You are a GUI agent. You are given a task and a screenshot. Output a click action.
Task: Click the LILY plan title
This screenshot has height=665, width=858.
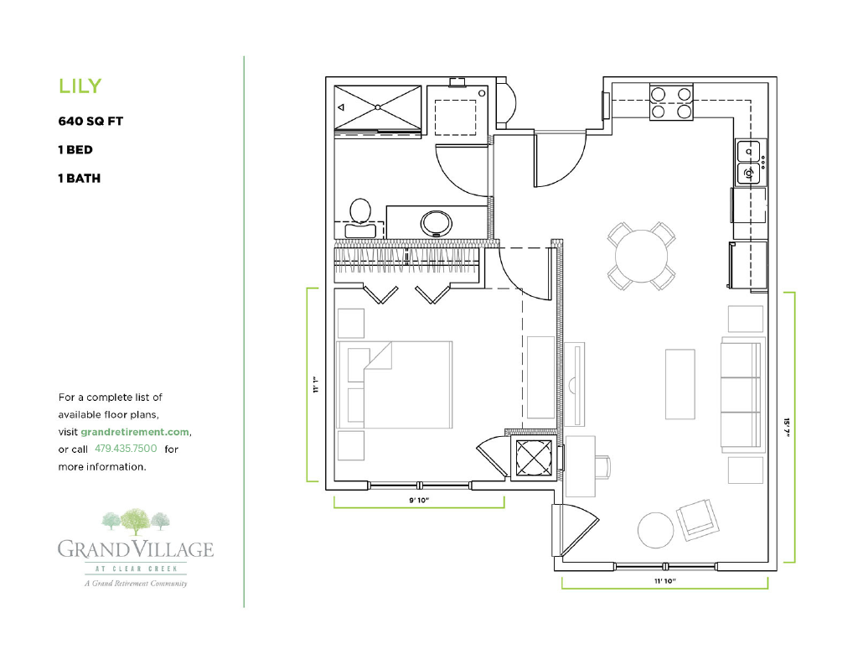coord(80,86)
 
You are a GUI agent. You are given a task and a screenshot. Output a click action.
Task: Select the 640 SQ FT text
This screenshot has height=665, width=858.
coord(90,121)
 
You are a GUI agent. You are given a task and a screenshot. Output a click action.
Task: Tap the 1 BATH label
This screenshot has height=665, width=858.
coord(80,178)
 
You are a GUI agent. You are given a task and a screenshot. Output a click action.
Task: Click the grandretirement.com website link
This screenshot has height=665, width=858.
coord(135,432)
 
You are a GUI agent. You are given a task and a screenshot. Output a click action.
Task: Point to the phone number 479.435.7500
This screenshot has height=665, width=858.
coord(126,449)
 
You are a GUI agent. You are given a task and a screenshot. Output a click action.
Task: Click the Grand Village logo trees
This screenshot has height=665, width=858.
coord(136,522)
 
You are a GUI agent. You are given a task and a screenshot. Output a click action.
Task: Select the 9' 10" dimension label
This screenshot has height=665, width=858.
coord(419,500)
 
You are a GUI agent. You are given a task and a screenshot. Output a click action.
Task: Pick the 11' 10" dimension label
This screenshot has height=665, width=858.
coord(664,581)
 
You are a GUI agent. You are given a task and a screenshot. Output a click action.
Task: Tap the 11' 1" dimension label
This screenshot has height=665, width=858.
coord(316,385)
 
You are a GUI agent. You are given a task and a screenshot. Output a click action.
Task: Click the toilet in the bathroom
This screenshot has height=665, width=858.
coord(360,217)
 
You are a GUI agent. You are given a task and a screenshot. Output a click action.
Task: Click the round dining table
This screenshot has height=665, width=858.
coord(641,256)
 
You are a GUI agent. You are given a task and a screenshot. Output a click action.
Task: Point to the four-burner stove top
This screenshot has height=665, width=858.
coord(671,102)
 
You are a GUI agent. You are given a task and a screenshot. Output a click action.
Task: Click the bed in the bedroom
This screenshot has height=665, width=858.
coord(395,385)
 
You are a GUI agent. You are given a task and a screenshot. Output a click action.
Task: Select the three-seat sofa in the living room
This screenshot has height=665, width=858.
coord(742,394)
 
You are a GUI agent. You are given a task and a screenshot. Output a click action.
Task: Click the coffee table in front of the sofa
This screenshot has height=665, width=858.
coord(680,384)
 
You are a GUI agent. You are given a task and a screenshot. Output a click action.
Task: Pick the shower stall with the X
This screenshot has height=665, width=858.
coord(378,108)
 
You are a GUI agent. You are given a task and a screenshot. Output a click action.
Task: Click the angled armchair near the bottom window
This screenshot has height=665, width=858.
coord(697,517)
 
